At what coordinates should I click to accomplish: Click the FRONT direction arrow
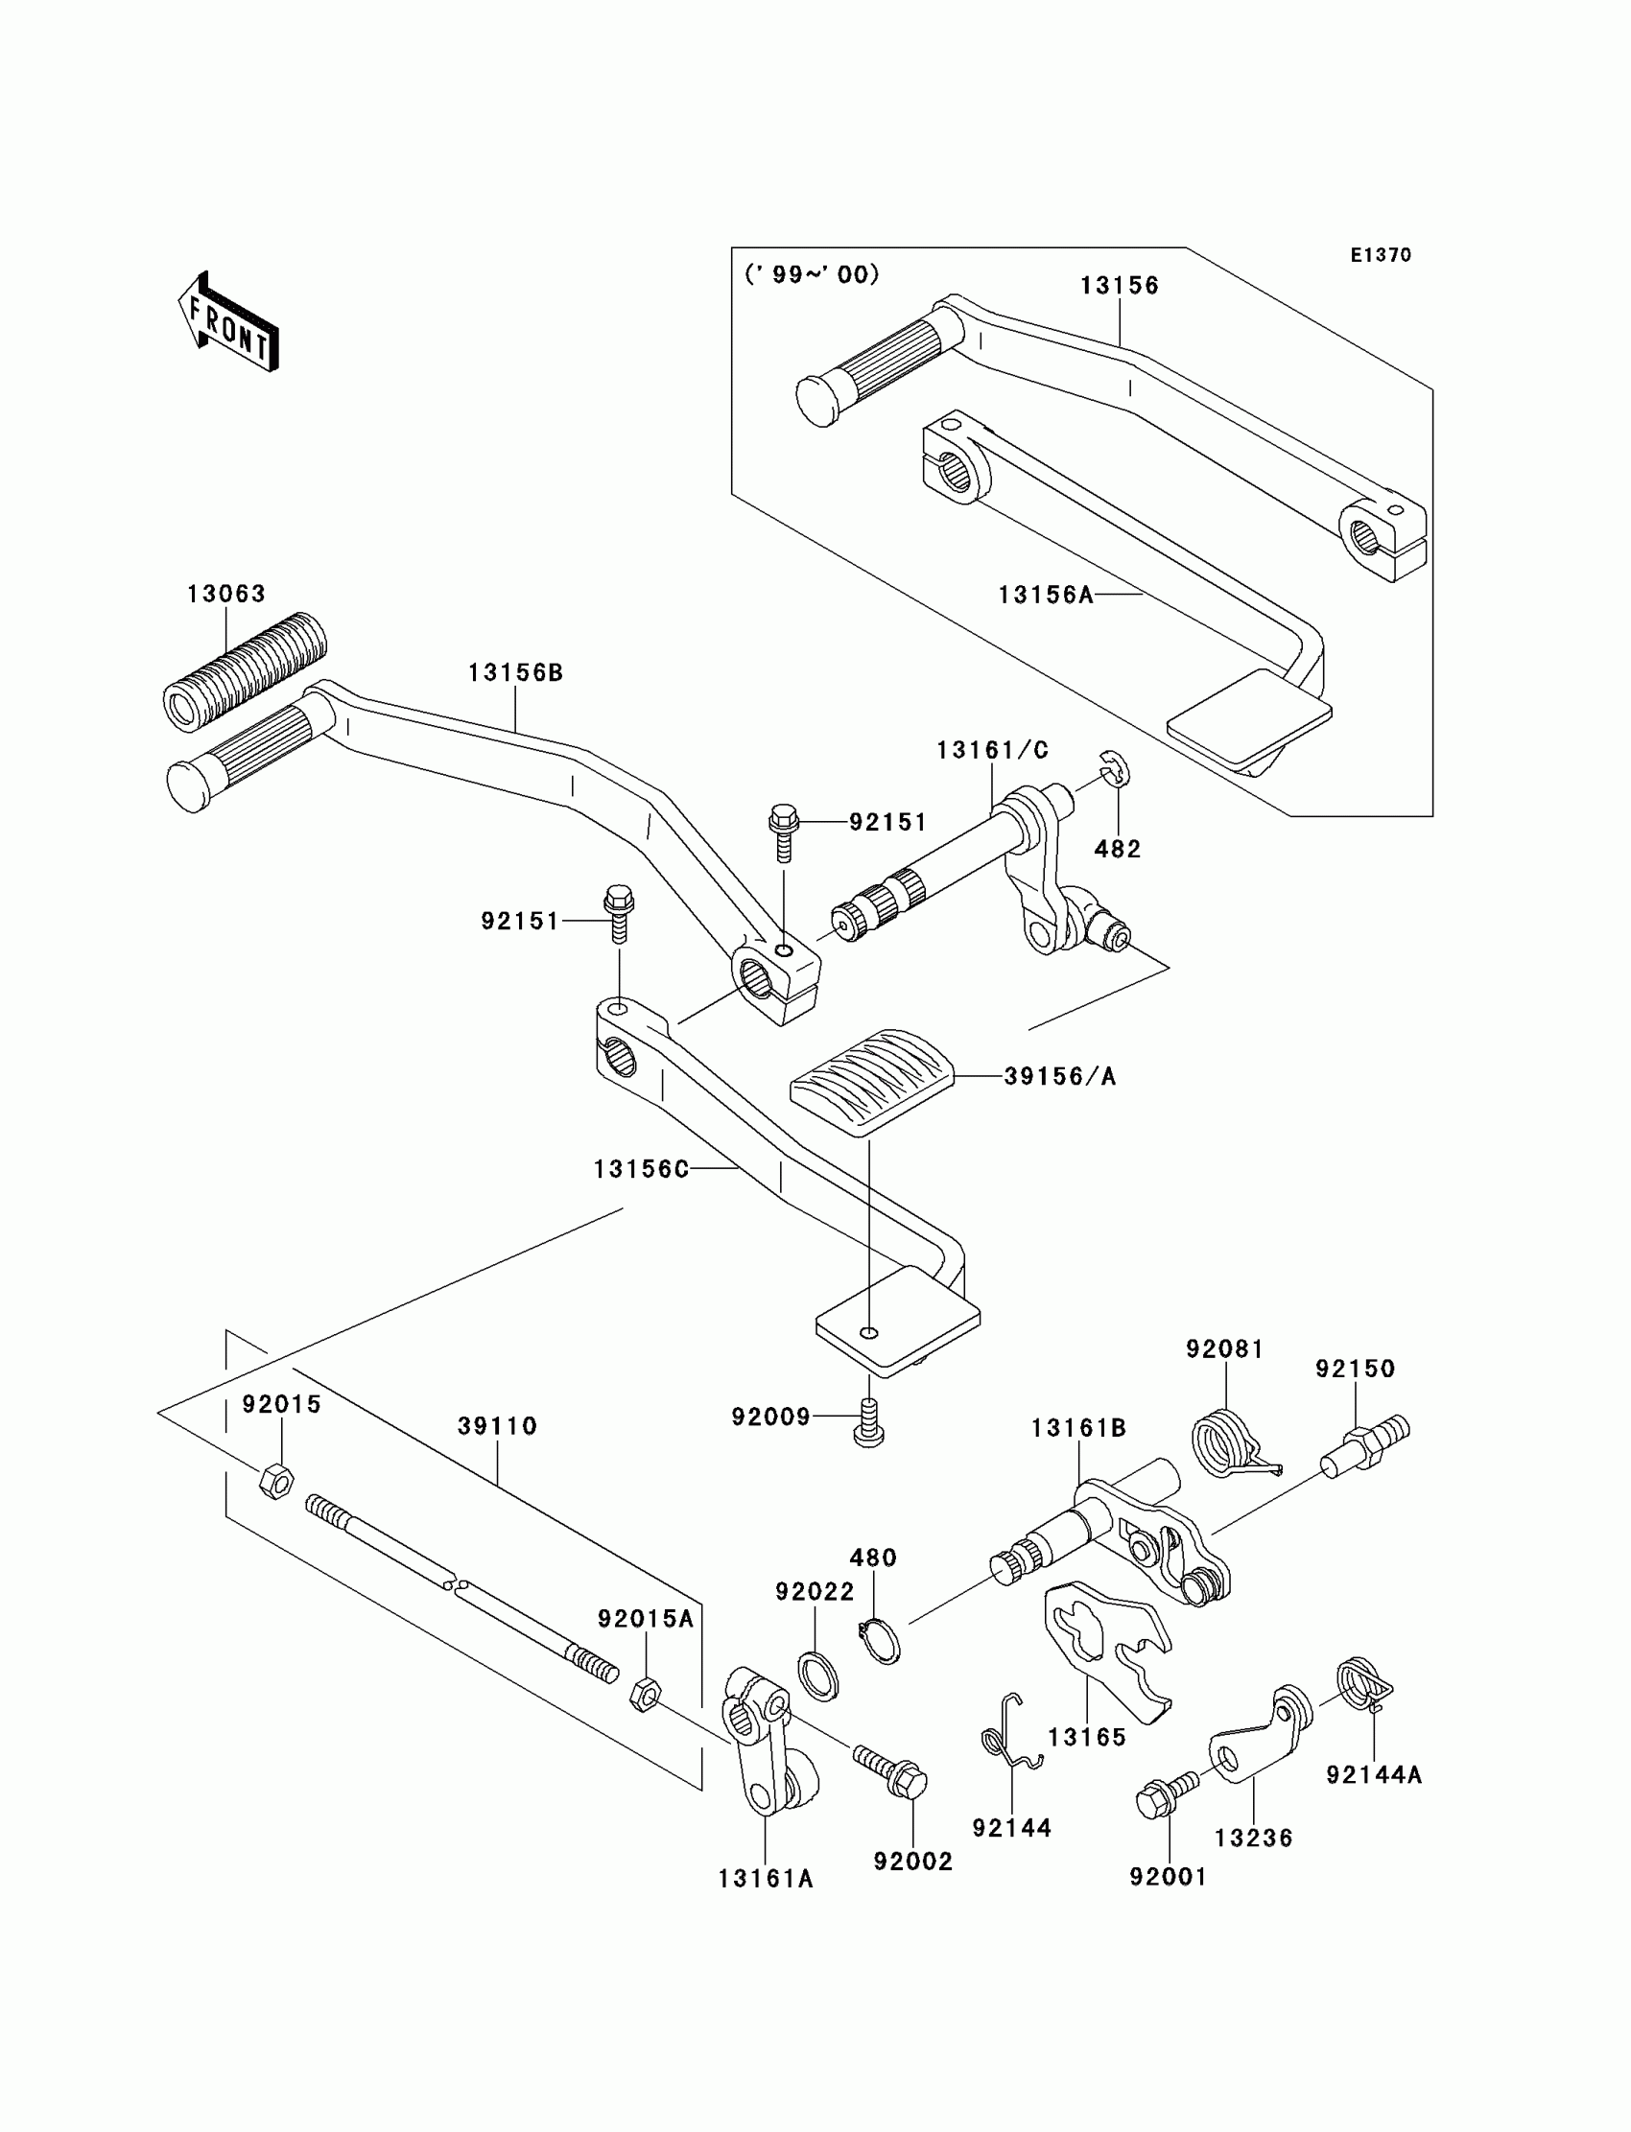(229, 324)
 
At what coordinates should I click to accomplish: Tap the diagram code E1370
(1381, 255)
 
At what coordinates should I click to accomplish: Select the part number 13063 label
(226, 593)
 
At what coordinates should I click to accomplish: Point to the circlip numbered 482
(1113, 767)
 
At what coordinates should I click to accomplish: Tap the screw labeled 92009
(868, 1422)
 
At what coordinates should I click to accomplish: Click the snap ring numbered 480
(881, 1642)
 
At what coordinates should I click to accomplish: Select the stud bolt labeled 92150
(1364, 1446)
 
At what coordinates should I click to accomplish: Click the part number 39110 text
(497, 1425)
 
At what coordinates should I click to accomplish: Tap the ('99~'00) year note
(812, 274)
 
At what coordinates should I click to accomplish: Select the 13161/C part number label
(992, 750)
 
